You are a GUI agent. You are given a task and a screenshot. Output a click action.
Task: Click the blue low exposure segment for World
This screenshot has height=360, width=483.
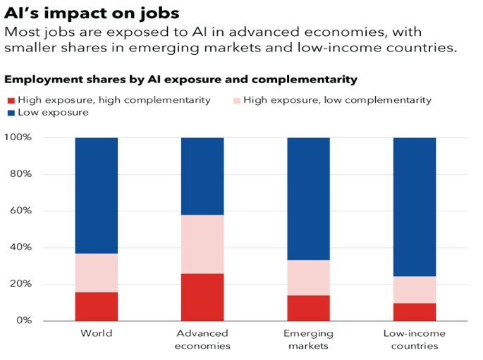click(x=97, y=195)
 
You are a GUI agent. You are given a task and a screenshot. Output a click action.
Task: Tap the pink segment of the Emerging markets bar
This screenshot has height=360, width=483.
click(x=309, y=278)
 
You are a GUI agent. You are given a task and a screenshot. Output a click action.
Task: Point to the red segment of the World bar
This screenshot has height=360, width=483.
click(x=97, y=306)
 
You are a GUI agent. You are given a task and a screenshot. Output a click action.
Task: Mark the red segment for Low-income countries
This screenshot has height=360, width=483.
click(x=415, y=311)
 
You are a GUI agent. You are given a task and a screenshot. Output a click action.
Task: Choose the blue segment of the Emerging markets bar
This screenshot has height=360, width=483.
click(x=309, y=199)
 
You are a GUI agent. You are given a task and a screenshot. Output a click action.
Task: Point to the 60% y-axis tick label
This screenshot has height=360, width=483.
click(x=21, y=211)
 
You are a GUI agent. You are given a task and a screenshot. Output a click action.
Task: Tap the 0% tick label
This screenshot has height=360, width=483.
click(x=24, y=321)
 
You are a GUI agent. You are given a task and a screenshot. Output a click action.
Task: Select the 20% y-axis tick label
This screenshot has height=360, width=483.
click(x=21, y=284)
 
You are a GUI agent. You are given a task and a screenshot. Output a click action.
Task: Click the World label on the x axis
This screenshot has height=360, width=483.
click(x=97, y=333)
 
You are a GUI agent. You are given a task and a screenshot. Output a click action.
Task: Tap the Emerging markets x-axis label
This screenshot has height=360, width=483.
click(x=309, y=339)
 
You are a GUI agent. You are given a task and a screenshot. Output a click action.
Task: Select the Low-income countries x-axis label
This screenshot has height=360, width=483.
click(x=415, y=339)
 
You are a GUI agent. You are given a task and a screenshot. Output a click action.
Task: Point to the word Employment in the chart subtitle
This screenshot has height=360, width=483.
click(x=40, y=79)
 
